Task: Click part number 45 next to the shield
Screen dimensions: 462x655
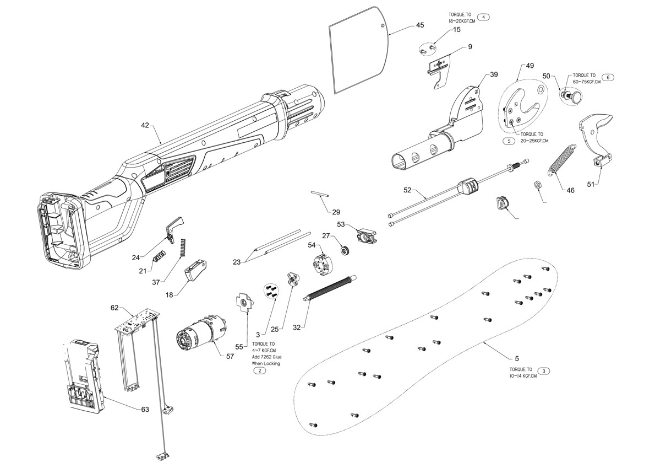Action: [x=420, y=25]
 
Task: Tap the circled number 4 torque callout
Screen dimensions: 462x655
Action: [x=483, y=17]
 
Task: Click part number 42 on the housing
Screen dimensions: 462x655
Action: [x=145, y=126]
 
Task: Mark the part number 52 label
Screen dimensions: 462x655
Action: [x=407, y=191]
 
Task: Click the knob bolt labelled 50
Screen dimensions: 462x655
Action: [x=575, y=97]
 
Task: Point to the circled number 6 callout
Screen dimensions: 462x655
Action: [x=608, y=77]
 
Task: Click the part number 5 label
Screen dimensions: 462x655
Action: [x=516, y=359]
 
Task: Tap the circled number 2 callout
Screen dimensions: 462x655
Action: [x=259, y=371]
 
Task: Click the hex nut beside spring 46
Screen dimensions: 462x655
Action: [x=539, y=184]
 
